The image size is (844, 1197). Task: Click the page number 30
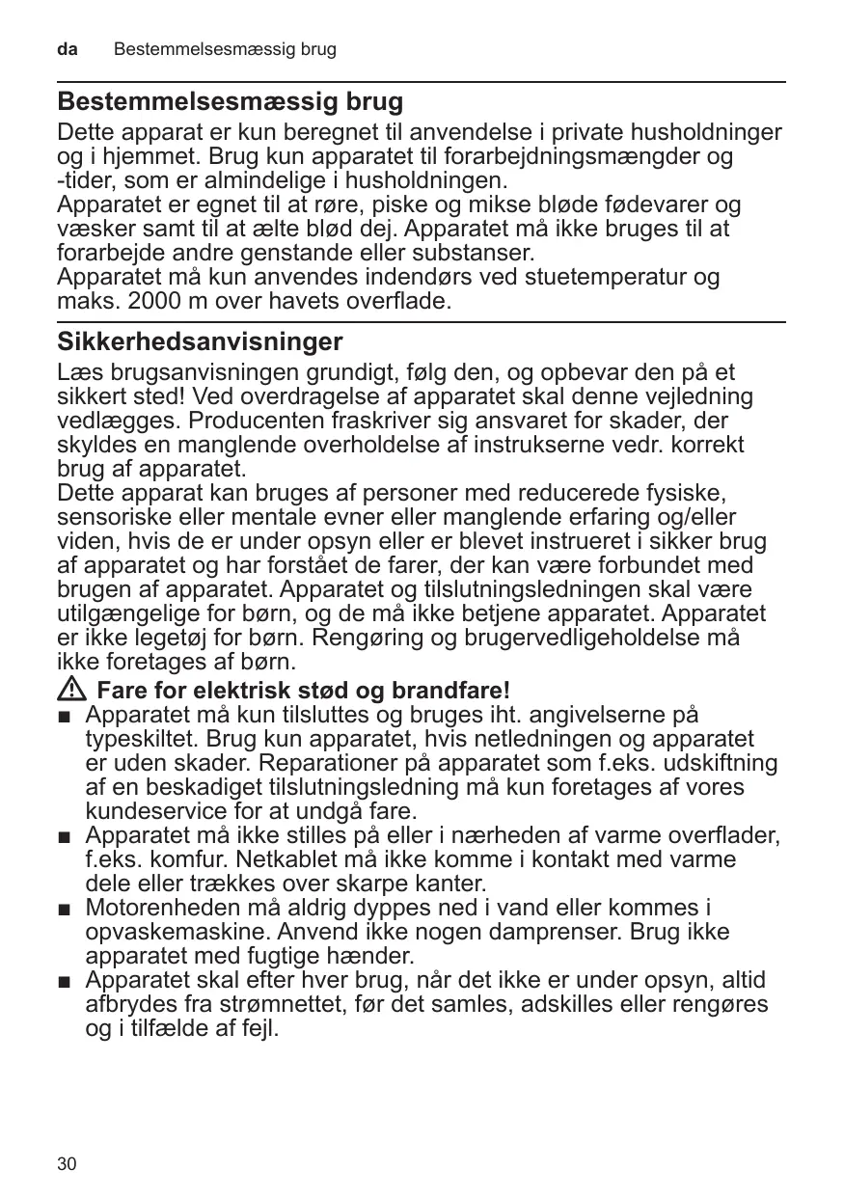tap(67, 1164)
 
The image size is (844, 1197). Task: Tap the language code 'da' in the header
tap(67, 48)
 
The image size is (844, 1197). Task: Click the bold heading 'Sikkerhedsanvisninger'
tap(200, 341)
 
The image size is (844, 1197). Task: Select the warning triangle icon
tap(73, 691)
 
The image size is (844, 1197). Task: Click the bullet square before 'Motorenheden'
tap(65, 910)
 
